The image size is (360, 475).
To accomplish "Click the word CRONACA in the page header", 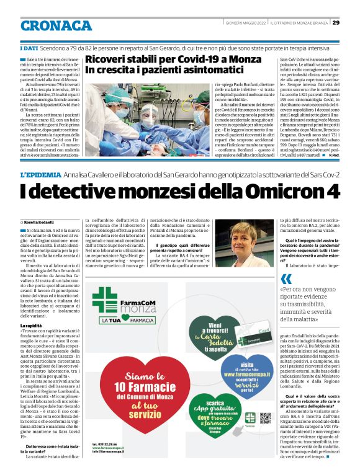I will (x=56, y=25).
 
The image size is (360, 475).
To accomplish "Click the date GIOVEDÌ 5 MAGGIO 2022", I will (x=247, y=23).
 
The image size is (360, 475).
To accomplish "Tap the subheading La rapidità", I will (x=34, y=325).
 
